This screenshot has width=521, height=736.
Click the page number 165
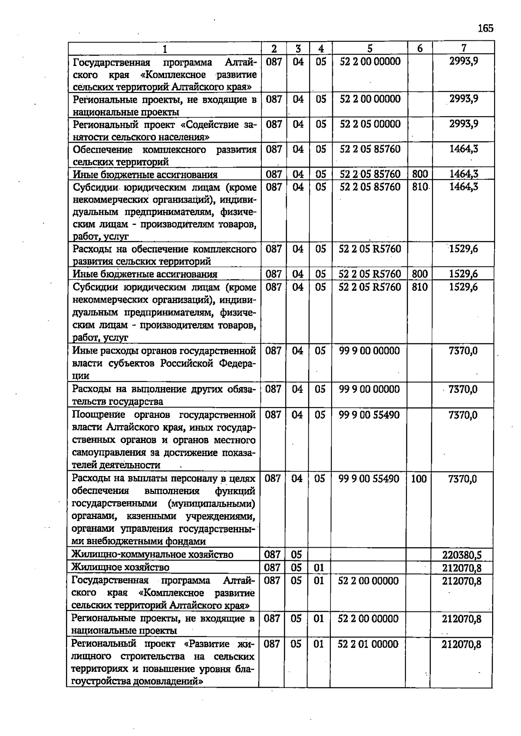tap(485, 29)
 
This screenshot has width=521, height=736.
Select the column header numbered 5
tap(369, 48)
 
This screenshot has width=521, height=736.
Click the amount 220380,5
tap(462, 555)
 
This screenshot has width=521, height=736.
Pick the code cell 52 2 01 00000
tap(368, 644)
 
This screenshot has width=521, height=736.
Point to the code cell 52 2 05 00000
tap(370, 125)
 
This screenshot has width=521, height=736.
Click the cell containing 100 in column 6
tap(419, 479)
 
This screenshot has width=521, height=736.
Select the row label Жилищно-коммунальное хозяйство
tap(152, 555)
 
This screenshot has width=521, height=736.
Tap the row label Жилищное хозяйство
tap(120, 567)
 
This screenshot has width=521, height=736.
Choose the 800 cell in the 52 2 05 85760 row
tap(420, 174)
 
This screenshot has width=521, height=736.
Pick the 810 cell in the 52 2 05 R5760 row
tap(420, 287)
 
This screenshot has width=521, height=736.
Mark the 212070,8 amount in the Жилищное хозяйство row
tap(462, 568)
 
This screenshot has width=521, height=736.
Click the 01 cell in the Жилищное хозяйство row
tap(319, 568)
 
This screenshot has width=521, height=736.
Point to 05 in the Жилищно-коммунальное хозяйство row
tap(296, 555)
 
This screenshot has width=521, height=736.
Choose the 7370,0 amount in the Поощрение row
tap(463, 415)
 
